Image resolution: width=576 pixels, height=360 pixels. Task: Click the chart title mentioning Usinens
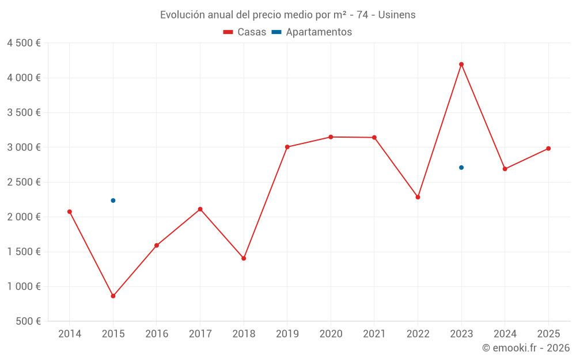click(x=287, y=15)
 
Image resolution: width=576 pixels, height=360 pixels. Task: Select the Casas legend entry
click(x=245, y=32)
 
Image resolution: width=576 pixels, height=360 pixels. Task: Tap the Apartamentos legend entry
click(x=312, y=32)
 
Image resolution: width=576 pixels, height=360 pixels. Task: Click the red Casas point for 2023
click(x=461, y=65)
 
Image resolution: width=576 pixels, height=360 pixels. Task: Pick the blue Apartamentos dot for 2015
click(x=113, y=200)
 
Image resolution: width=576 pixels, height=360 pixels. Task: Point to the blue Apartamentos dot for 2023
click(x=461, y=168)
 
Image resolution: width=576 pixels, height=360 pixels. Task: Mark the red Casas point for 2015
click(x=113, y=296)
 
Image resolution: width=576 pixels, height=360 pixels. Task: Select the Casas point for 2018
click(x=244, y=259)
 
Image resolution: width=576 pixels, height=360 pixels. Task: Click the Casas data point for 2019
click(x=287, y=147)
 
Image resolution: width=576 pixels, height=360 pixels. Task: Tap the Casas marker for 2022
click(x=418, y=197)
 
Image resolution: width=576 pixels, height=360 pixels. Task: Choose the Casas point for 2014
click(x=70, y=211)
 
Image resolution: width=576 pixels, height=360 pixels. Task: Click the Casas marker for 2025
click(x=548, y=149)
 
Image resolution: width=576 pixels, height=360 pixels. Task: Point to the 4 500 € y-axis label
click(x=24, y=43)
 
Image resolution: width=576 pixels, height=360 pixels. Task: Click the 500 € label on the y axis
click(x=27, y=321)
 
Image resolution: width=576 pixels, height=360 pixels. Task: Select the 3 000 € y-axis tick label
click(x=24, y=147)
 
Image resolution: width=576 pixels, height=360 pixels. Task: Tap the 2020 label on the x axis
click(x=331, y=334)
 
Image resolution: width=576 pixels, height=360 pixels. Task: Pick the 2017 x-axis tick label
click(x=200, y=334)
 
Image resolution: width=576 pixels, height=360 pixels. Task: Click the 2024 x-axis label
click(x=505, y=334)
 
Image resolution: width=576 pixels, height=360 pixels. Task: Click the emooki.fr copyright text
click(x=526, y=348)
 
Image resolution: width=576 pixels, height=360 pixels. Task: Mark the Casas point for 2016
click(x=157, y=245)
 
